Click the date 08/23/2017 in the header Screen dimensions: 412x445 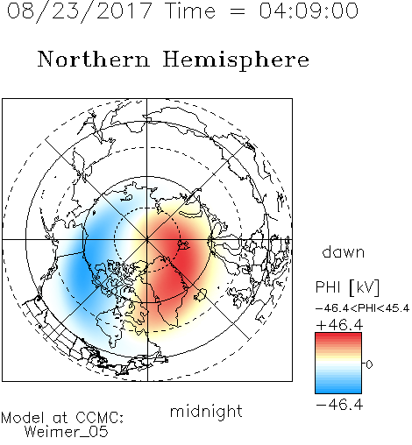pyautogui.click(x=80, y=11)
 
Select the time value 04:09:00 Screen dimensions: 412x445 pyautogui.click(x=309, y=11)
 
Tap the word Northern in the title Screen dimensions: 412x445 pyautogui.click(x=94, y=59)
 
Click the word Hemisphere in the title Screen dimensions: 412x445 pyautogui.click(x=236, y=60)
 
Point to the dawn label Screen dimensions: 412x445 pyautogui.click(x=344, y=251)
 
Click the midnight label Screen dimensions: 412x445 pyautogui.click(x=206, y=412)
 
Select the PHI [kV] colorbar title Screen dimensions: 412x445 pyautogui.click(x=347, y=287)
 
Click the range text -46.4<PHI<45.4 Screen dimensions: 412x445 pyautogui.click(x=363, y=308)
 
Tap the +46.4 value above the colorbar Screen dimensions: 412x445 pyautogui.click(x=339, y=325)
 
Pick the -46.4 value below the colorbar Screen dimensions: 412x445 pyautogui.click(x=339, y=405)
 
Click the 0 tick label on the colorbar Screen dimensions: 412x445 pyautogui.click(x=369, y=364)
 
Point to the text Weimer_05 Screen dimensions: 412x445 pyautogui.click(x=67, y=432)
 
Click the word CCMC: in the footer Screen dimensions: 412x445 pyautogui.click(x=99, y=418)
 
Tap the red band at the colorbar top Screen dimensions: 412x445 pyautogui.click(x=338, y=336)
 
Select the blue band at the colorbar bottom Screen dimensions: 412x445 pyautogui.click(x=338, y=389)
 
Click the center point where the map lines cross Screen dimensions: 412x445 pyautogui.click(x=147, y=240)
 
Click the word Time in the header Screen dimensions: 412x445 pyautogui.click(x=190, y=11)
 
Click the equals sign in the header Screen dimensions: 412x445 pyautogui.click(x=237, y=11)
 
